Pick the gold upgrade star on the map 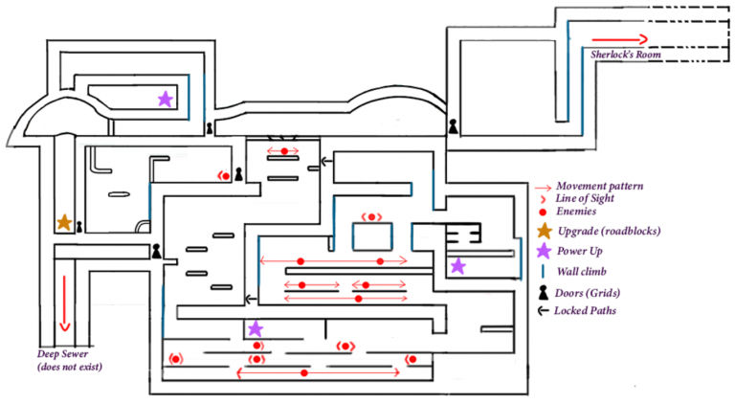point(63,222)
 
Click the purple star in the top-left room point(165,98)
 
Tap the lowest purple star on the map point(255,328)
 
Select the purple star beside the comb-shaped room point(457,265)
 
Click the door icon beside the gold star point(80,227)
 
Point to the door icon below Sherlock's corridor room point(454,125)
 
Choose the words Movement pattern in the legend point(599,185)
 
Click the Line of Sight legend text point(590,197)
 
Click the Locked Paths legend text point(591,311)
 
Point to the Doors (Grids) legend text point(594,292)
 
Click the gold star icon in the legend point(543,231)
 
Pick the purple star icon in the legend point(543,251)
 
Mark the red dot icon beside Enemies point(543,211)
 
